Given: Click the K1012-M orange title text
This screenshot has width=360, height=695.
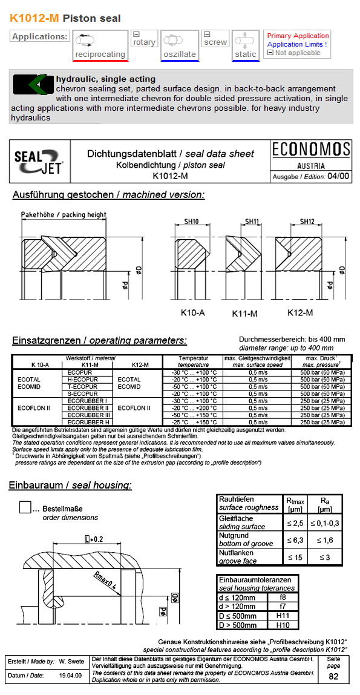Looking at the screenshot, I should pos(34,18).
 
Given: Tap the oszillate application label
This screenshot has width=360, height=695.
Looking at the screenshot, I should pos(180,54).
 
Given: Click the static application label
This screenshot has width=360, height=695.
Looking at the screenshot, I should pos(246,54).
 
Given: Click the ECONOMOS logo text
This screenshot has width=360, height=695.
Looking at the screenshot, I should pos(311,150).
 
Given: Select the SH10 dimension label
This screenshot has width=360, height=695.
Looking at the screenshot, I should pos(191,222).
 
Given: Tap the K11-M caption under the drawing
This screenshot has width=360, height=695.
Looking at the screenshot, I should pos(245,314).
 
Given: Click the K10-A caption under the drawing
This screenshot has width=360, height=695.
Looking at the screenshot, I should pos(192,313).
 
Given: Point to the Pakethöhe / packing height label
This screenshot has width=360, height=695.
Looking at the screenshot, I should pos(64,214).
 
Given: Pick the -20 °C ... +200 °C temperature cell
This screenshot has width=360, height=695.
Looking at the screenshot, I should pos(194,408).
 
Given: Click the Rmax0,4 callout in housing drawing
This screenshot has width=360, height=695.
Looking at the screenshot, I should pos(105,580).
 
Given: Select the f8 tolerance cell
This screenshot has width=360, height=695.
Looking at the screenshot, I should pos(283,598).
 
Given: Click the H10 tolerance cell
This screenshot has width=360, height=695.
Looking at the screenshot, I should pos(283,625).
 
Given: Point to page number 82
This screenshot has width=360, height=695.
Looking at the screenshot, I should pos(333,676).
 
